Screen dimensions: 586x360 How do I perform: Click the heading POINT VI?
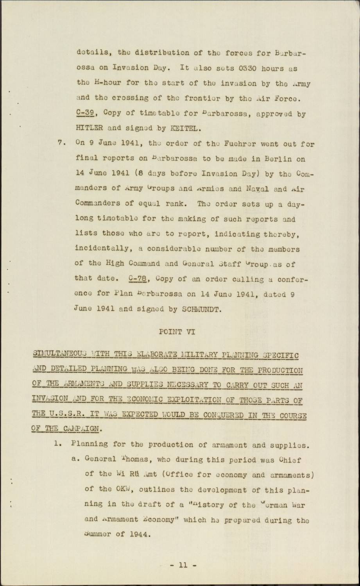176,332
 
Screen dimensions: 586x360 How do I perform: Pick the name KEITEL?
188,129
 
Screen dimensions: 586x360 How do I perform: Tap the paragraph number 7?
60,143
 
